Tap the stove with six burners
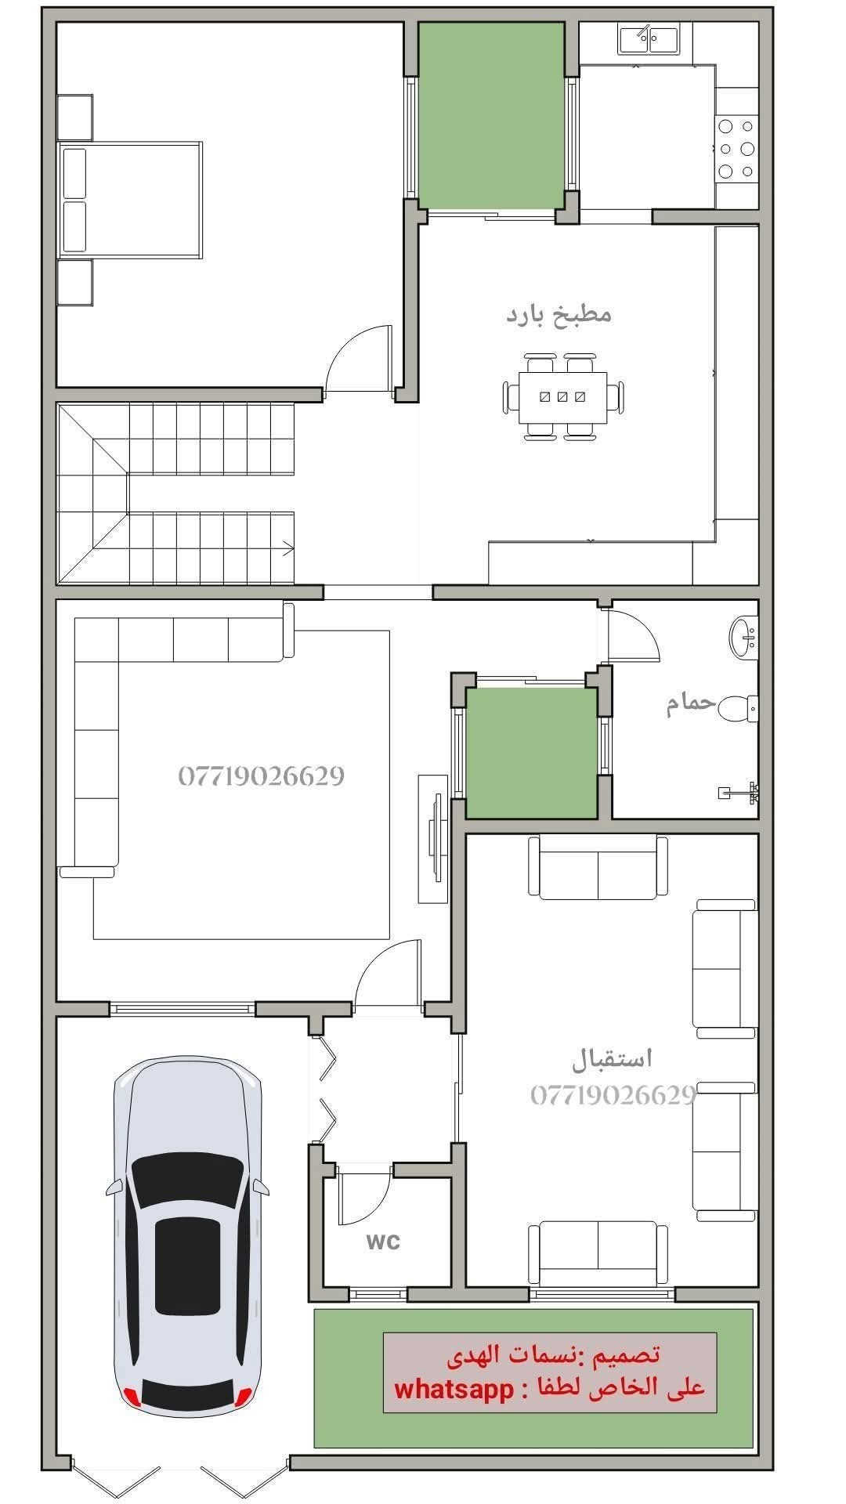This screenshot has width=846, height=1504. [x=737, y=148]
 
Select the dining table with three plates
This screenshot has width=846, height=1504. [x=562, y=397]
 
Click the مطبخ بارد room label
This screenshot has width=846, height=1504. [x=559, y=316]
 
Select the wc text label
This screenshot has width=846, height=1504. [x=383, y=1242]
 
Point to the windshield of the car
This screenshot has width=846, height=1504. [x=187, y=1180]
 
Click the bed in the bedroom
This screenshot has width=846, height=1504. [x=130, y=200]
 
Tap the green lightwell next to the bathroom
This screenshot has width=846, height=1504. [x=532, y=753]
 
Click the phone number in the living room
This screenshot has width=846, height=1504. [x=261, y=776]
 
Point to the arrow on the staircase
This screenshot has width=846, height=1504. [x=289, y=548]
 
